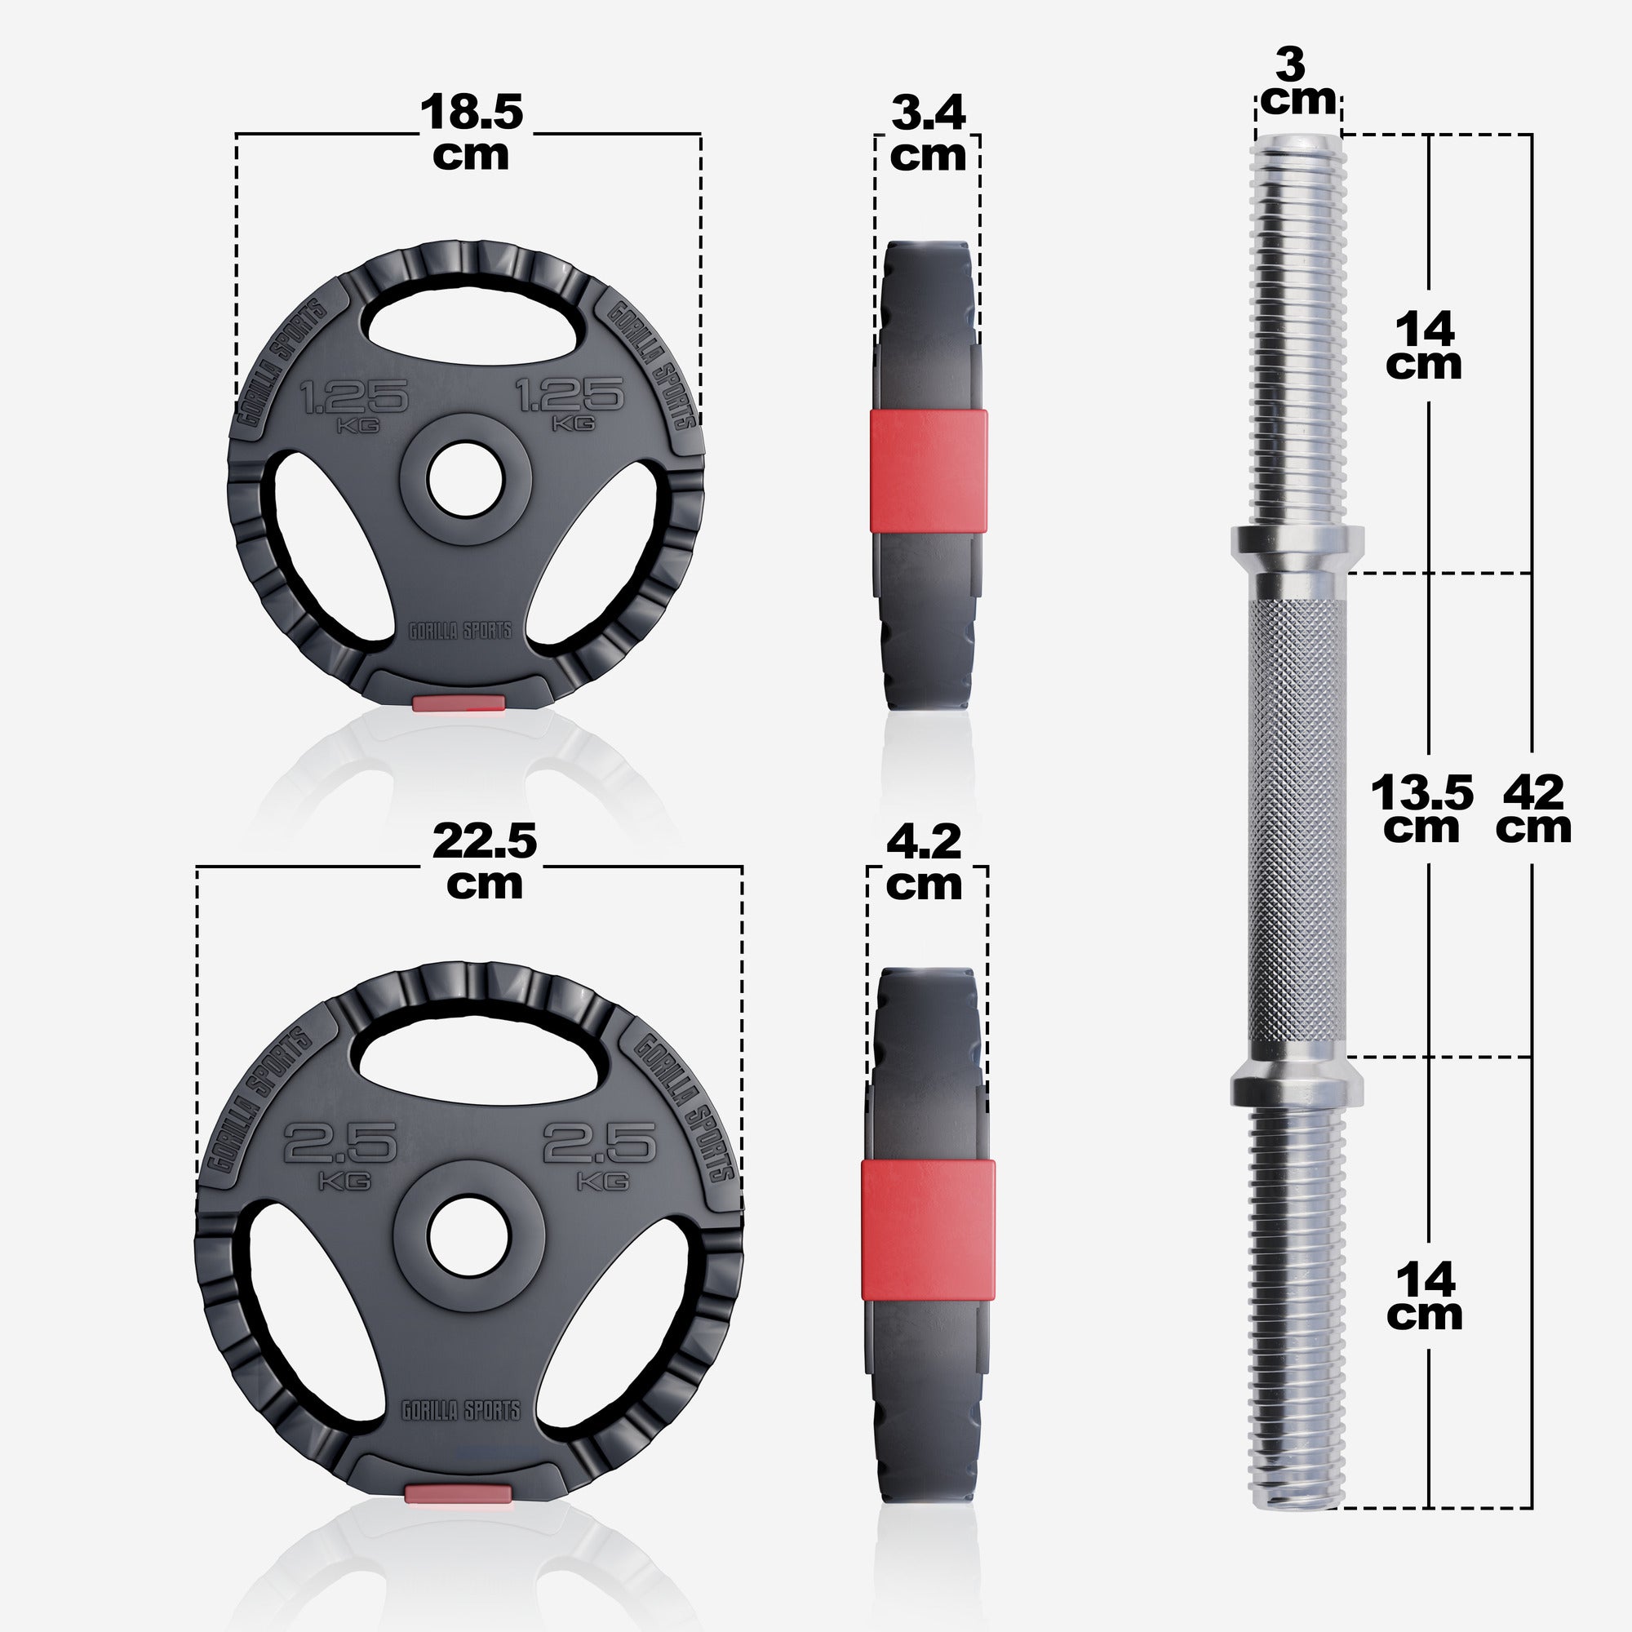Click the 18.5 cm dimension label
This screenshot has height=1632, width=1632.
[x=472, y=134]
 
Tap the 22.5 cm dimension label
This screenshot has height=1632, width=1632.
[x=484, y=863]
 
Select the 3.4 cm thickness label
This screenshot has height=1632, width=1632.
[x=928, y=134]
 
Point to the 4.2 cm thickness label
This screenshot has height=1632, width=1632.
[x=925, y=863]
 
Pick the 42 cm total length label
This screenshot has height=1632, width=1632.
[x=1533, y=809]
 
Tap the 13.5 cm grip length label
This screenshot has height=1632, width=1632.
[x=1421, y=809]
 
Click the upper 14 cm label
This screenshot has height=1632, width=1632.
[x=1424, y=344]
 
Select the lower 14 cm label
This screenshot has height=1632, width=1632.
[x=1425, y=1296]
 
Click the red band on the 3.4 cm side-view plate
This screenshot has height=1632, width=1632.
[x=929, y=472]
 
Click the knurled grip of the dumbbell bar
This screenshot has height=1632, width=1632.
[x=1296, y=815]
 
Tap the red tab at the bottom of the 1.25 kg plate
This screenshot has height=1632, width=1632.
[x=459, y=703]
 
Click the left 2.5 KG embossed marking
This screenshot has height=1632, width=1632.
[x=339, y=1151]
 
